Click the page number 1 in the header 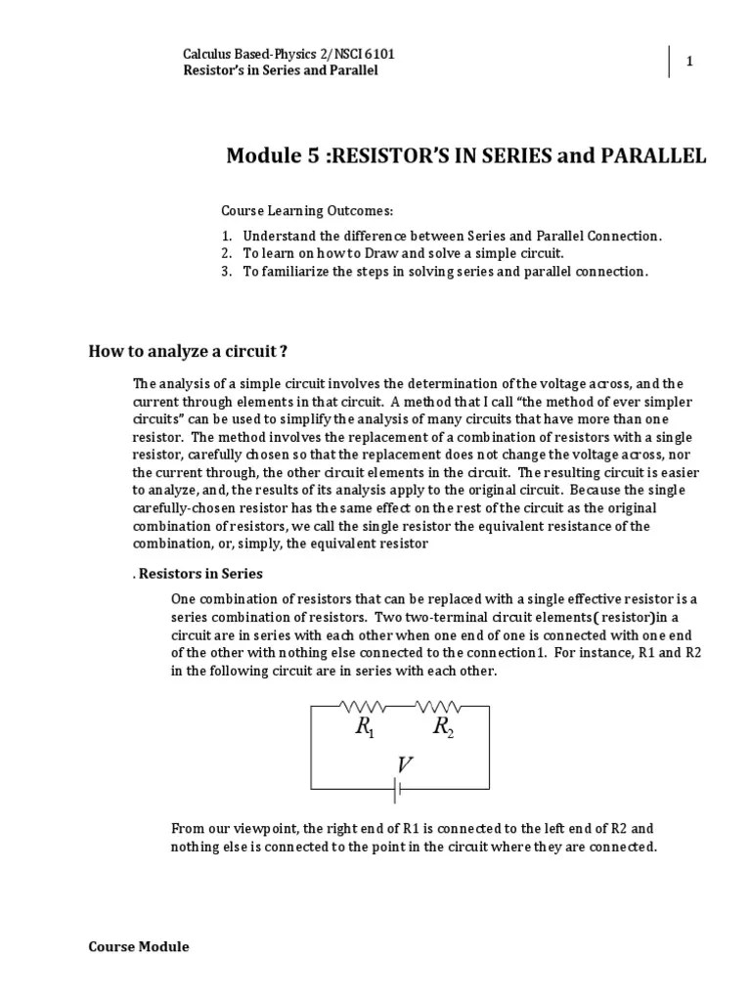click(688, 62)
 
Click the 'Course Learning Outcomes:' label click(292, 210)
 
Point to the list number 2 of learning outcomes click(225, 253)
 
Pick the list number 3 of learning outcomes click(225, 271)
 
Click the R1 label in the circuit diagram click(365, 726)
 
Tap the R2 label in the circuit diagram click(443, 726)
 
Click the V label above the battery click(404, 765)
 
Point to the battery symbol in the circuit click(400, 787)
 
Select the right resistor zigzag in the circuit click(438, 704)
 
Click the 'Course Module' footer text click(139, 946)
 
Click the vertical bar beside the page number click(671, 62)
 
